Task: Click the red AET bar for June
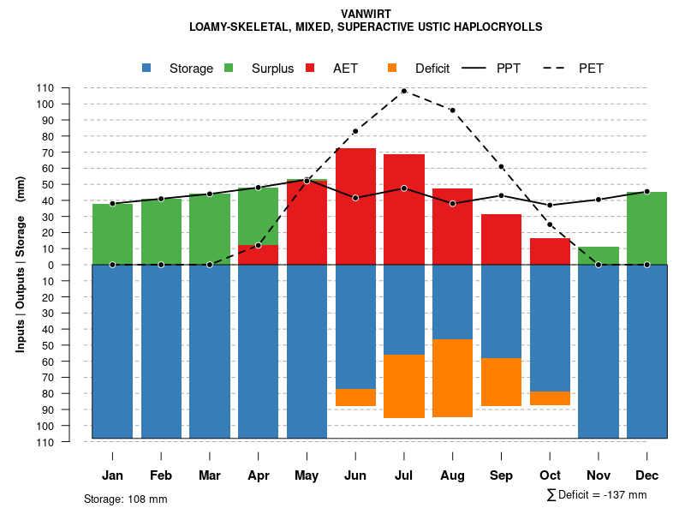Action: click(355, 206)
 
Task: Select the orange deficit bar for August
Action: click(453, 378)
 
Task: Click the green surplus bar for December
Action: click(647, 228)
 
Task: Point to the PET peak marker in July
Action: click(404, 91)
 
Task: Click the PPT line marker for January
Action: click(112, 204)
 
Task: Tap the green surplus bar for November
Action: click(599, 255)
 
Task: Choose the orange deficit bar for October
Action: click(551, 398)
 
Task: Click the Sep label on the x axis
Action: click(502, 475)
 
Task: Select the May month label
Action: click(307, 475)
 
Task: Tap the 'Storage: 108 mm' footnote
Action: click(126, 499)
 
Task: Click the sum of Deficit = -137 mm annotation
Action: click(596, 495)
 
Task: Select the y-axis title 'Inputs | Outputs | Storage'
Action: click(21, 263)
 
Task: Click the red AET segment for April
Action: click(258, 254)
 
